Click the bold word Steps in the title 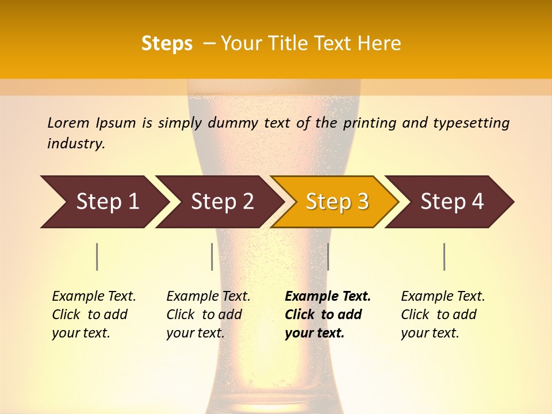[x=167, y=44]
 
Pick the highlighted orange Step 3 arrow [x=337, y=202]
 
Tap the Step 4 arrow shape [x=452, y=202]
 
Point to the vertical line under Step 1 [x=97, y=256]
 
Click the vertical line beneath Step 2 [x=212, y=256]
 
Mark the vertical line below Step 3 [x=328, y=256]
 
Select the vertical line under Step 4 [x=444, y=256]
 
